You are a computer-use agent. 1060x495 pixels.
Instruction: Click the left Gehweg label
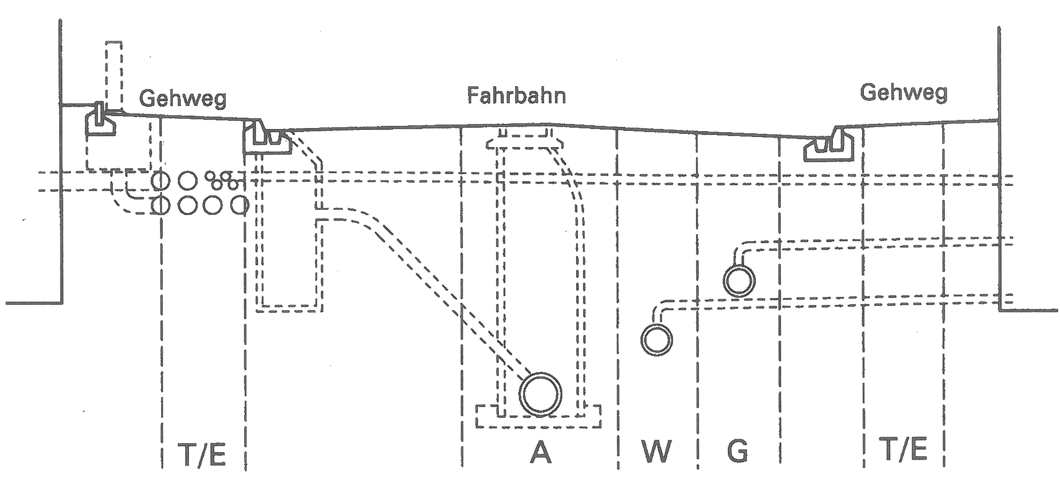[183, 99]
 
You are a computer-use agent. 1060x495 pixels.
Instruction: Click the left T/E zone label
[202, 454]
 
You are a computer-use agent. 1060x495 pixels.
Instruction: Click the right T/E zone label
[904, 450]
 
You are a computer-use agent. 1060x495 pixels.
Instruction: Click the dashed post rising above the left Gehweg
[114, 74]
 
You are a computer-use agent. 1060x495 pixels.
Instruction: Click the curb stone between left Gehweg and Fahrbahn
[267, 138]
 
